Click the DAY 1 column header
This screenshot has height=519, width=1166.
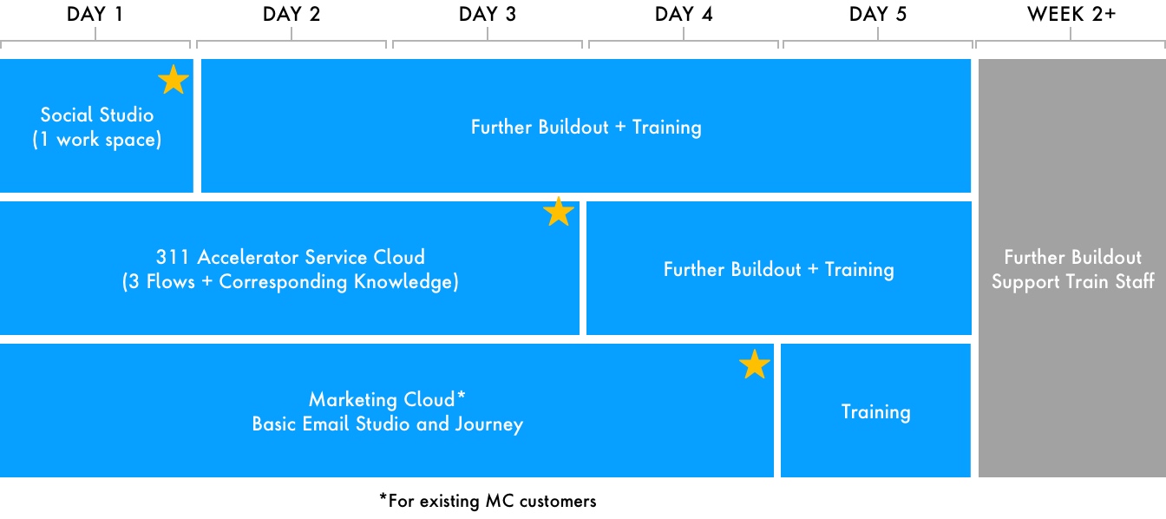(95, 14)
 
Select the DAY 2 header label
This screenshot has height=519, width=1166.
(291, 14)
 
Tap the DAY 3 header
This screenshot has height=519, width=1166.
(488, 14)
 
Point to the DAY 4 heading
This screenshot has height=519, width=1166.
(684, 14)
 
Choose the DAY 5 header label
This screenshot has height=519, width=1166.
(878, 14)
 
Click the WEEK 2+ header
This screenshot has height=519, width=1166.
(1071, 14)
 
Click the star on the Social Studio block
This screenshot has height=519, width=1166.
(174, 80)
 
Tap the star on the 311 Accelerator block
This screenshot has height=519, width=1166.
(559, 212)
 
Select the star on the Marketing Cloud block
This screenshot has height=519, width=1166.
(754, 365)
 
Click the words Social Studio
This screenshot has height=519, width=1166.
(97, 115)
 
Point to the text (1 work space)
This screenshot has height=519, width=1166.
(97, 140)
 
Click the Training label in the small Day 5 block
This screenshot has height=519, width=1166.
(875, 411)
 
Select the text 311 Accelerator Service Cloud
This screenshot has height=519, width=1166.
(291, 257)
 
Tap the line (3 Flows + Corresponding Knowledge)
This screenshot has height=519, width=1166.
(291, 281)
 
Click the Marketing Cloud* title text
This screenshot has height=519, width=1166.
(387, 399)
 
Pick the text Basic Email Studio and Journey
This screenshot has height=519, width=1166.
(387, 424)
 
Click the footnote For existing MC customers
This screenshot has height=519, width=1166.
(488, 501)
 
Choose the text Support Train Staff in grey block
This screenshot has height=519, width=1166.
(1073, 281)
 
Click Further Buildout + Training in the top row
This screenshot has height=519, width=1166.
(586, 127)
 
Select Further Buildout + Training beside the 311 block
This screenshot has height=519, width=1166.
(779, 269)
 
